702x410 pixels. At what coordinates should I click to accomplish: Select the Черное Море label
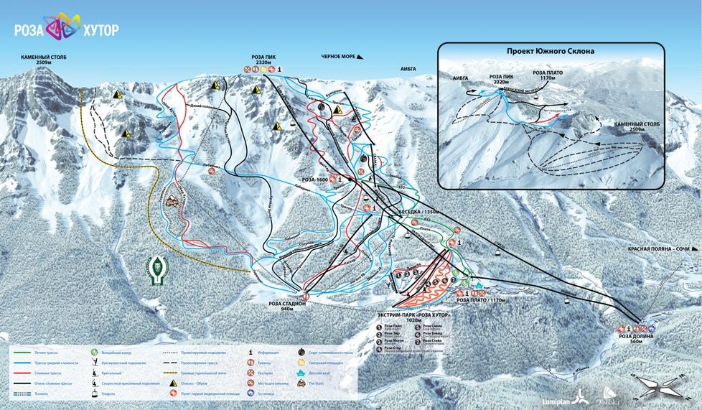340,56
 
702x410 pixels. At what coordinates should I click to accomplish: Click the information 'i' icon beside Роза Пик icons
280,69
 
